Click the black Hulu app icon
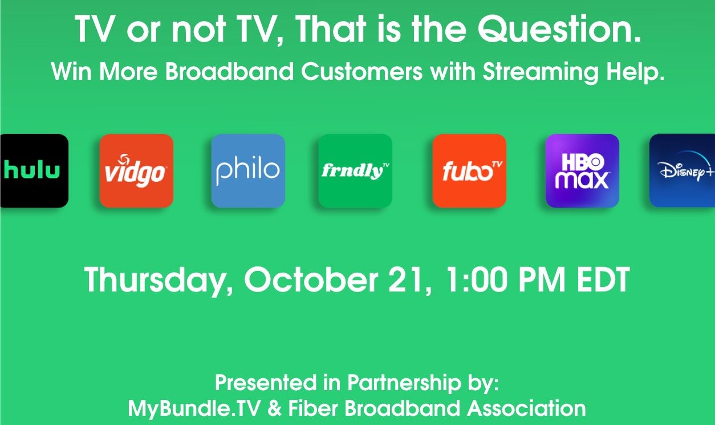(34, 171)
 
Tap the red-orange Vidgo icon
(137, 171)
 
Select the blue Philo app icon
(248, 171)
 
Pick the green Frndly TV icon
(355, 171)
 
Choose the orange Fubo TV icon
(469, 171)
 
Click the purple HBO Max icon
(582, 171)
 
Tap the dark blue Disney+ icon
(682, 171)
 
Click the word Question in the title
(559, 29)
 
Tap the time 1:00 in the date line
(476, 280)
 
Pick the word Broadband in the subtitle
(229, 71)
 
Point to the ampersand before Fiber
(274, 408)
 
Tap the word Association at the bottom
(526, 408)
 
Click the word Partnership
(404, 383)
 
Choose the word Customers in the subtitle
(361, 71)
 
